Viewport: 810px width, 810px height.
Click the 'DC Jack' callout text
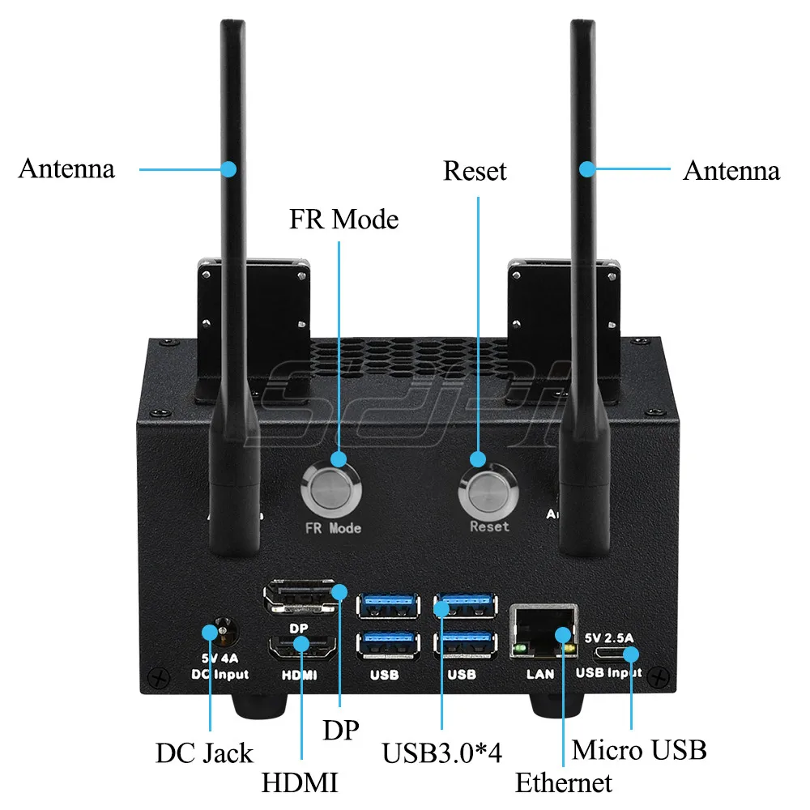coord(204,752)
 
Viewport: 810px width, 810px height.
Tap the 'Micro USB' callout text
coord(639,749)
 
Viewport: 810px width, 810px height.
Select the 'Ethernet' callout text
coord(564,783)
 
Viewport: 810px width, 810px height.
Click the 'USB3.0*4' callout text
coord(442,752)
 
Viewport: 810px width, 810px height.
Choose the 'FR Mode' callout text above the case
coord(344,219)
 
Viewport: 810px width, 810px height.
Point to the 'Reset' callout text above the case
coord(475,171)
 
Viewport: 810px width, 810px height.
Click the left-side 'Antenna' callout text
coord(66,168)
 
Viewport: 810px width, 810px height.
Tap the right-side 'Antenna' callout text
coord(731,171)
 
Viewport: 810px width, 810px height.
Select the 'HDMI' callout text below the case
coord(300,783)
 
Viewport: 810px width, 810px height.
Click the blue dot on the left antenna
coord(228,169)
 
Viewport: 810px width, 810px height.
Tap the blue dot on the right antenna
coord(587,169)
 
